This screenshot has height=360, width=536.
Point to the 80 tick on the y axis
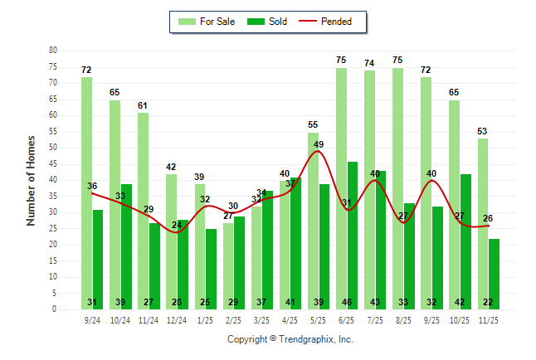click(x=53, y=51)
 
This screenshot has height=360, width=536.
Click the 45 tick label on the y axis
click(x=53, y=164)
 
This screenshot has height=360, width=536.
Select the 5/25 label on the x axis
click(x=313, y=319)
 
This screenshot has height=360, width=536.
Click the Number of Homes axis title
click(x=31, y=180)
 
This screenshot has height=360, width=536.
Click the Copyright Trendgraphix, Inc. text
click(x=290, y=339)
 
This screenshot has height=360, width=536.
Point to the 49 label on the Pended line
click(x=318, y=144)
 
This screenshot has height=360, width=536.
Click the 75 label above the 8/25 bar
click(x=398, y=60)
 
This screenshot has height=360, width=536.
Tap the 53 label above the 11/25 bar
click(x=483, y=131)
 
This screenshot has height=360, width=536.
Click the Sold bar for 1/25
click(x=211, y=265)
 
